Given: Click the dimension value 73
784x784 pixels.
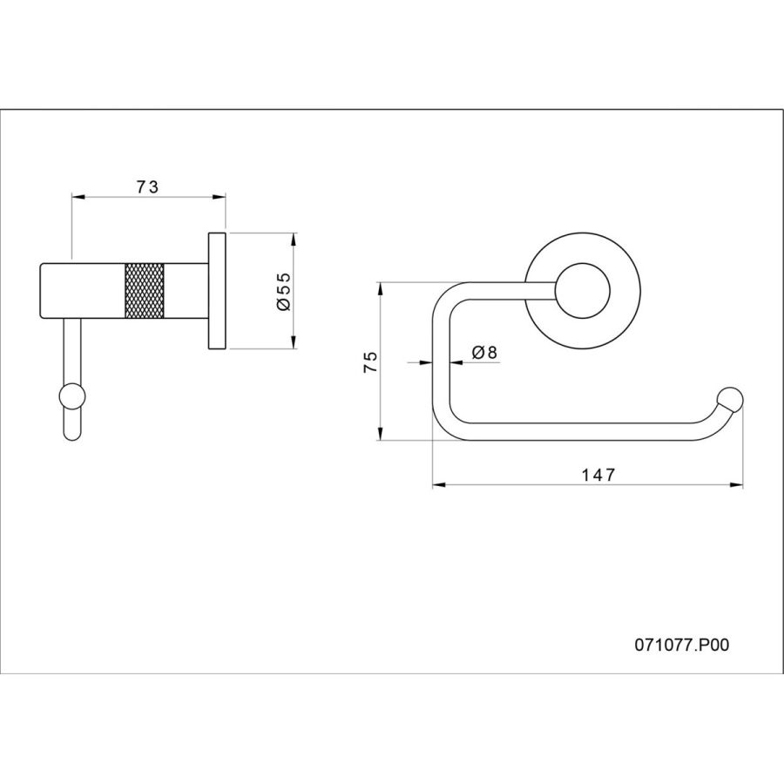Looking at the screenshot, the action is pos(147,187).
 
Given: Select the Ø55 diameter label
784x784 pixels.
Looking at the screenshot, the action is pos(283,291).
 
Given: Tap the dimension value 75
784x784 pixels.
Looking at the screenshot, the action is pos(370,362).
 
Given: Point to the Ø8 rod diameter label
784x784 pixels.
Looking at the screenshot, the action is pos(484,353).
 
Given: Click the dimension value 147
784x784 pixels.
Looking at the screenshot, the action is pos(598,475).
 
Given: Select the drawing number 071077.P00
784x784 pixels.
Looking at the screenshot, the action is pos(682,645).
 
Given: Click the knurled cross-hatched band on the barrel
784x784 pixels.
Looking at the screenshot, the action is pos(144,290).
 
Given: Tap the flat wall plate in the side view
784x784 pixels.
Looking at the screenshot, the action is pos(217,290).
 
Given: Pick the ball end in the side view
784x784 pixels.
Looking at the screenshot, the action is pos(72,396).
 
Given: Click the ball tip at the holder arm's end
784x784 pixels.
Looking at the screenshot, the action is pos(730,399).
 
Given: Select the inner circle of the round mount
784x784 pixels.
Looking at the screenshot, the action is pos(583,291).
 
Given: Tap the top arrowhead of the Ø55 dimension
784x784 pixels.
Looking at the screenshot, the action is pos(294,239).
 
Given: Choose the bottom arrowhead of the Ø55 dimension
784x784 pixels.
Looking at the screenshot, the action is pos(294,342).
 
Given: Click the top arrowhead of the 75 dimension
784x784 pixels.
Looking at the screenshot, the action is pos(381,289).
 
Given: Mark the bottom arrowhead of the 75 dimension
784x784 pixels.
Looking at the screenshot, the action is pos(381,434).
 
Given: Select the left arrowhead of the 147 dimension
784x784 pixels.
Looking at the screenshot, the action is pos(438,484).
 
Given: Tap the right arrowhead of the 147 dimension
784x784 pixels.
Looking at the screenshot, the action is pos(736,484).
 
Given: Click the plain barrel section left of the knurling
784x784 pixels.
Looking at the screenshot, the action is pos(82,290).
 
